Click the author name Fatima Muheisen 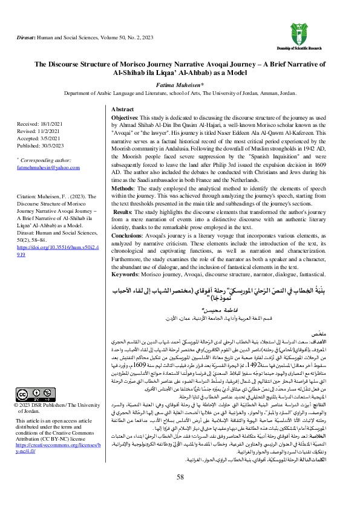(179, 86)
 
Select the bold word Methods (125, 189)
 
